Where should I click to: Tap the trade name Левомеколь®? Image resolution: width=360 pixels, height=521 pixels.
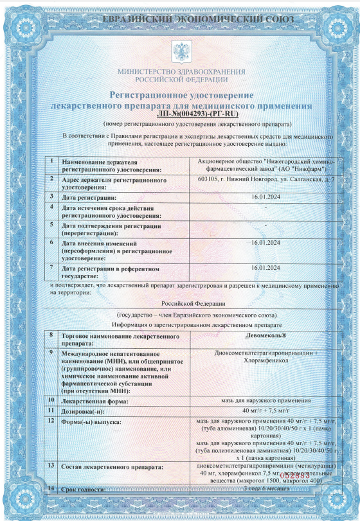[267, 336]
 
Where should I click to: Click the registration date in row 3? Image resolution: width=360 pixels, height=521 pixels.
[267, 197]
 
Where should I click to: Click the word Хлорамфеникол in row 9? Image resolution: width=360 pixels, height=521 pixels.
[267, 361]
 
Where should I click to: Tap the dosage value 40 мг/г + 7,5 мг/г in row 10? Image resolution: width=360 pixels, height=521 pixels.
[267, 410]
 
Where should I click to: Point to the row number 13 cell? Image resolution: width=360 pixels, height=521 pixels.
[51, 464]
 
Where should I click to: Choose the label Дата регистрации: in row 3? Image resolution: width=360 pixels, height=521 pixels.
[89, 197]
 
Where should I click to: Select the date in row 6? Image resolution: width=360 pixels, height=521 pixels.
[267, 243]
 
